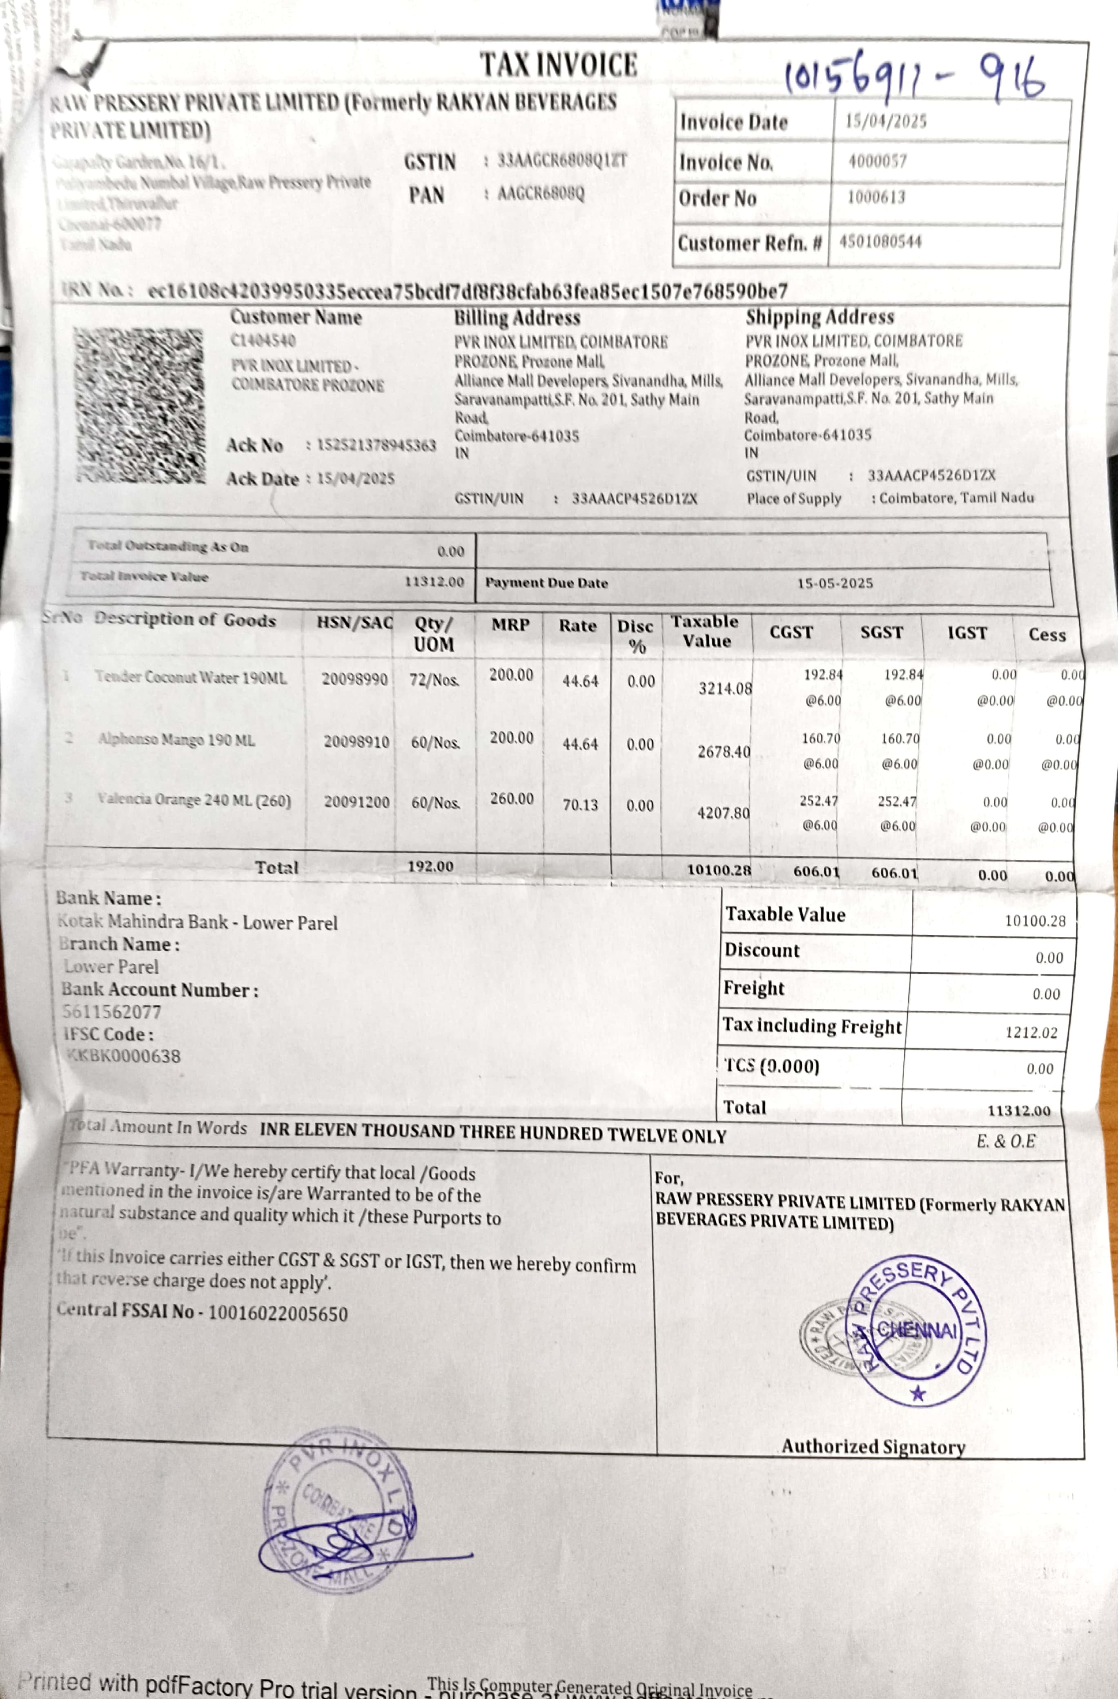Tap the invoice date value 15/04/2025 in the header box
pyautogui.click(x=886, y=120)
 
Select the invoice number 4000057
pyautogui.click(x=877, y=161)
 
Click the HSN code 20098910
pyautogui.click(x=356, y=742)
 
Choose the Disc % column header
pyautogui.click(x=635, y=635)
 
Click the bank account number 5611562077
pyautogui.click(x=111, y=1012)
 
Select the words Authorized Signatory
pyautogui.click(x=873, y=1446)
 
